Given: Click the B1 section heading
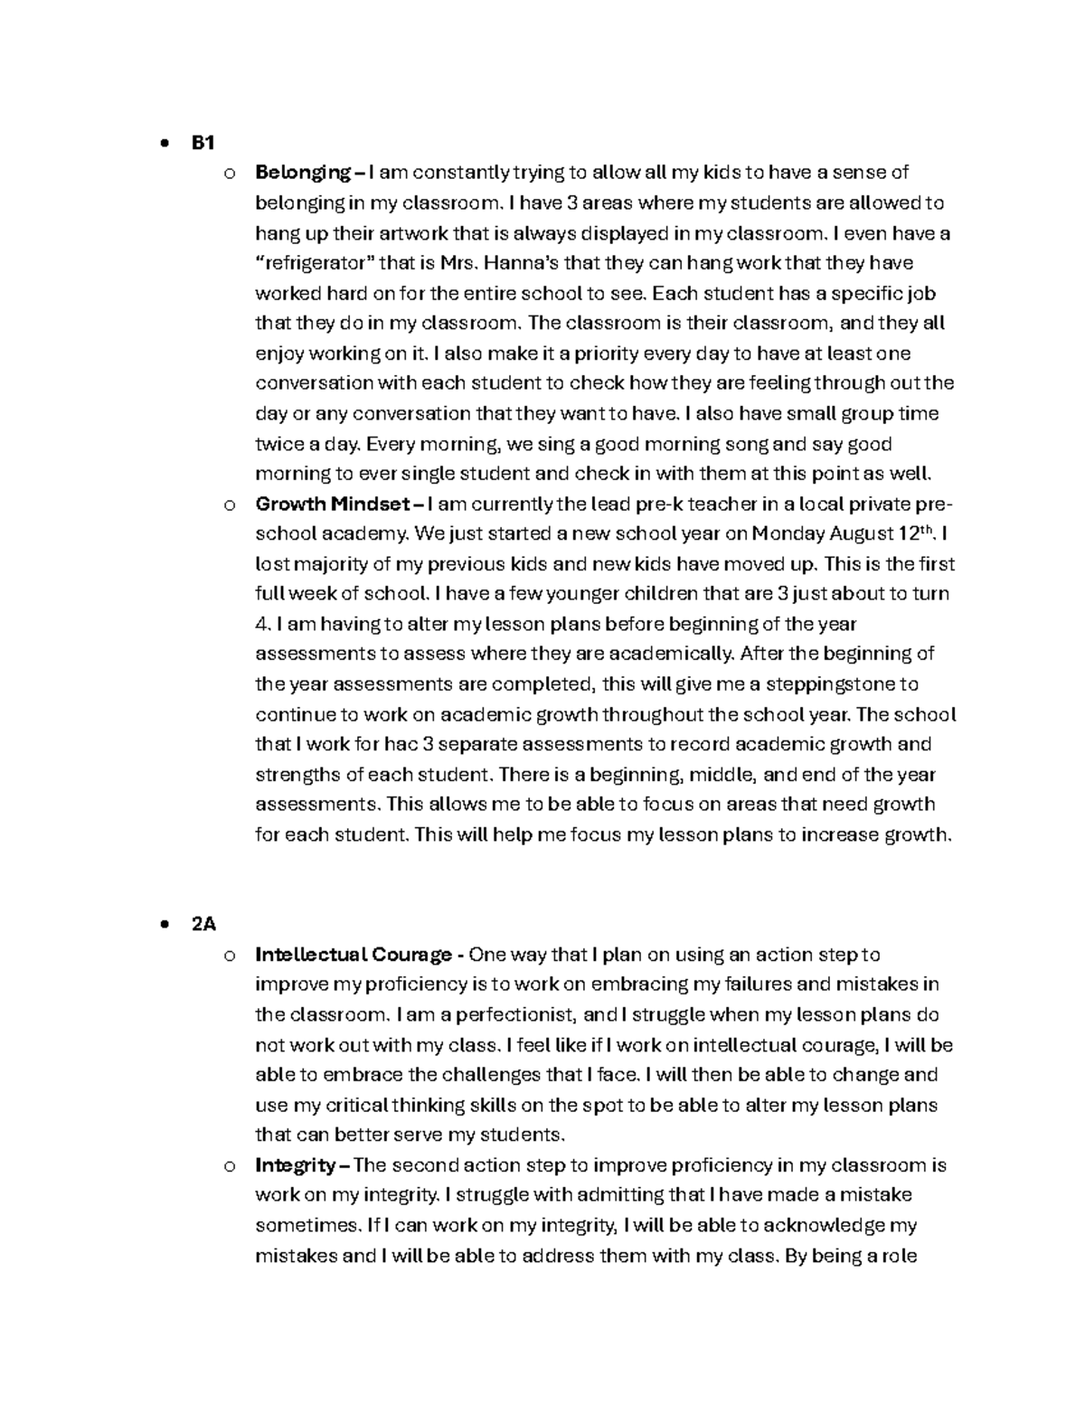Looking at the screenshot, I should click(203, 142).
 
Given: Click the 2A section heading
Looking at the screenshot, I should click(203, 924).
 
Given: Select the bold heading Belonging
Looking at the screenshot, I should click(303, 173).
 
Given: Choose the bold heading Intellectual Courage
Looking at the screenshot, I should click(354, 955).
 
